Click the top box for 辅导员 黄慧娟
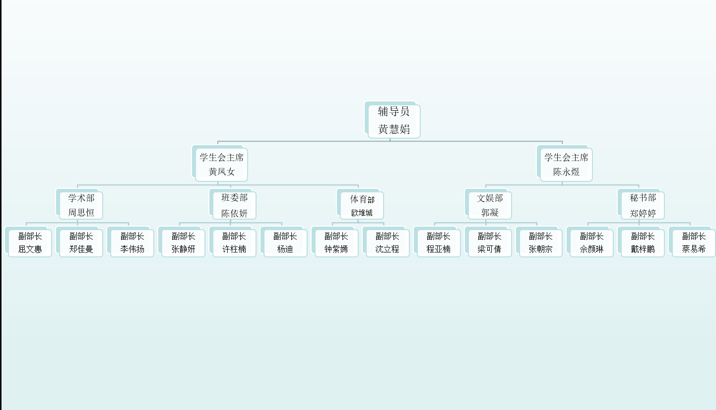(x=394, y=121)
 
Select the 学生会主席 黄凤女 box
(x=221, y=165)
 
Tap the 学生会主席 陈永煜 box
(x=566, y=165)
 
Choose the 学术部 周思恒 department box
(x=81, y=205)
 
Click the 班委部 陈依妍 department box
(x=234, y=205)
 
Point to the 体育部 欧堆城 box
(x=362, y=206)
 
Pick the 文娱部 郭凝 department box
(x=490, y=205)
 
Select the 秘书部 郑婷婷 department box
(x=643, y=205)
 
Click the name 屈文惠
(x=30, y=249)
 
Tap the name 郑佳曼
(x=81, y=249)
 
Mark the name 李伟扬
(x=132, y=249)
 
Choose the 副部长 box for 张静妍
(x=183, y=243)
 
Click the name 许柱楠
(x=234, y=249)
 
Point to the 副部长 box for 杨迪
(x=285, y=243)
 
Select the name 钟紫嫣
(x=336, y=249)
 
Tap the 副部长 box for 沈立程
(x=388, y=243)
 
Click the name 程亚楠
(x=439, y=249)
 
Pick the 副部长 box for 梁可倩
(x=490, y=243)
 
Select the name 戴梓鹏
(x=643, y=249)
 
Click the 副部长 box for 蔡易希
(x=694, y=243)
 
